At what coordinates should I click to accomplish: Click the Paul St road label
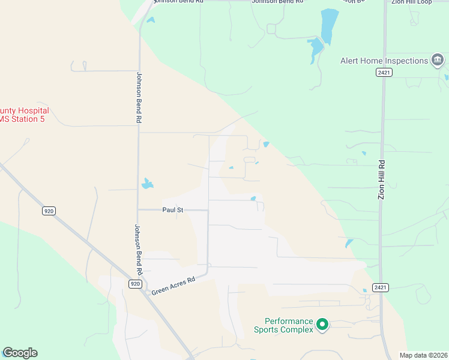(x=172, y=210)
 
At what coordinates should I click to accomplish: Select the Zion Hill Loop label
(x=412, y=2)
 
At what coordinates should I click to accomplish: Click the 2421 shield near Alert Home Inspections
(x=384, y=73)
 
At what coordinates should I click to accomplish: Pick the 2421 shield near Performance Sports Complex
(x=379, y=287)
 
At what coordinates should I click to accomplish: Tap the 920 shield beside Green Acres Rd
(x=135, y=284)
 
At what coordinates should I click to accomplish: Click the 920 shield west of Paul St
(x=49, y=211)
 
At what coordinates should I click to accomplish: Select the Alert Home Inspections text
(x=384, y=61)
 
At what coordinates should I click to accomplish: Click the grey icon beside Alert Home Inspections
(x=438, y=60)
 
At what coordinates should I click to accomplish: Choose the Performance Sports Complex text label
(x=283, y=325)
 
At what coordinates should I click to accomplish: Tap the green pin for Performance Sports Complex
(x=322, y=325)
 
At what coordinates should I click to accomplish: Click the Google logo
(x=20, y=353)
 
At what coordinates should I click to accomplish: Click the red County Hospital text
(x=24, y=111)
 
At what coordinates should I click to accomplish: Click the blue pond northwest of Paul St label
(x=146, y=184)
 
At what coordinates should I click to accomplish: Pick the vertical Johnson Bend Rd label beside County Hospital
(x=139, y=98)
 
